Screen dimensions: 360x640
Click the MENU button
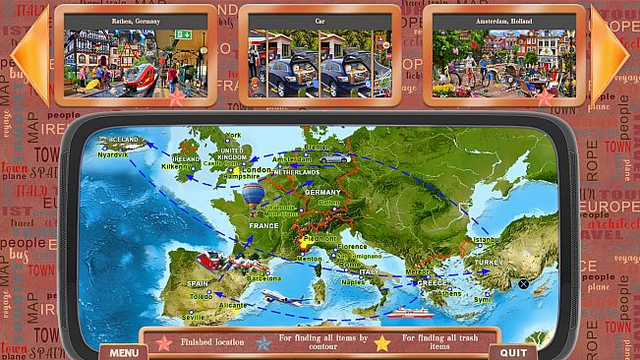[123, 351]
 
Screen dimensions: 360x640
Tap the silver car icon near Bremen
[334, 157]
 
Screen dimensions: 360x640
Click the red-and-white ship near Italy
[408, 314]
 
